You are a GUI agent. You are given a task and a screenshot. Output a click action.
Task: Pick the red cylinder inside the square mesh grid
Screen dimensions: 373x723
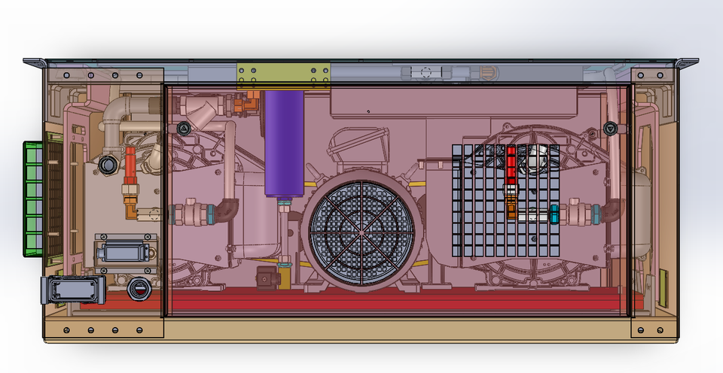[511, 164]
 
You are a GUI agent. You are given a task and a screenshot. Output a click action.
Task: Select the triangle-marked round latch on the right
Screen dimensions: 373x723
[610, 129]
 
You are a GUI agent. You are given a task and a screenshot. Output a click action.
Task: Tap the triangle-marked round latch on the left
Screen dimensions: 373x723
[182, 129]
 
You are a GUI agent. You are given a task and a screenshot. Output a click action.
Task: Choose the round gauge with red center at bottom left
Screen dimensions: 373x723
[139, 287]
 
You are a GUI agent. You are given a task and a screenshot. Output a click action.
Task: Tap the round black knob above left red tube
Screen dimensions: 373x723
[107, 164]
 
